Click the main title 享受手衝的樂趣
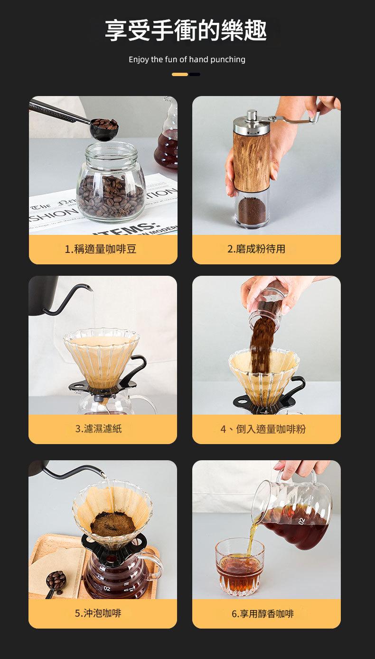pos(186,30)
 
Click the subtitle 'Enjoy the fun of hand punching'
pos(187,59)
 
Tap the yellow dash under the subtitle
pos(180,74)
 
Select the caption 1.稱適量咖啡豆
pos(101,249)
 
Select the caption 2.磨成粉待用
pos(256,249)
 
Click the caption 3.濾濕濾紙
pos(99,429)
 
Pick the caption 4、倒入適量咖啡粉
pos(263,429)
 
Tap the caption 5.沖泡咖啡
pos(98,613)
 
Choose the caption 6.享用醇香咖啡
pos(262,613)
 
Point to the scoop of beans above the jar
pos(104,126)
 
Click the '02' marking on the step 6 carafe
pos(302,522)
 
